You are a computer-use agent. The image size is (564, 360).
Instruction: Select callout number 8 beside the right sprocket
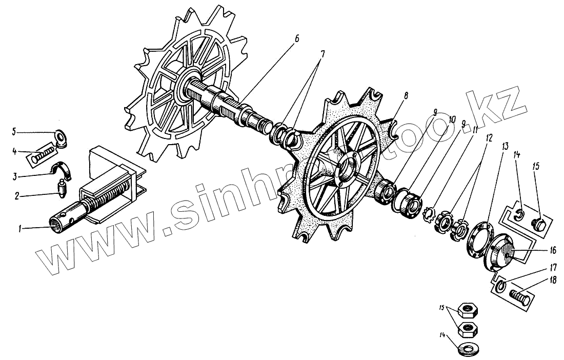(406, 95)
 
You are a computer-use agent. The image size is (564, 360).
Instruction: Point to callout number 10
(452, 118)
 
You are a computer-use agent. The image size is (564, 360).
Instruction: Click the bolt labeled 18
(519, 296)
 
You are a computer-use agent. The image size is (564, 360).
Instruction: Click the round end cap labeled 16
(501, 252)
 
